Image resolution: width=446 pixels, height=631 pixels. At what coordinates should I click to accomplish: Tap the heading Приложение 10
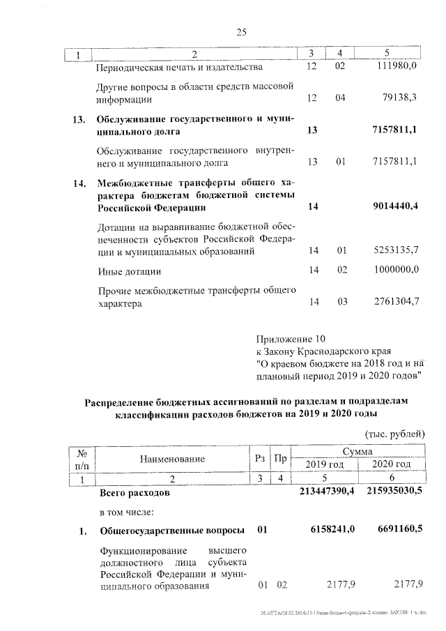tap(291, 340)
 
